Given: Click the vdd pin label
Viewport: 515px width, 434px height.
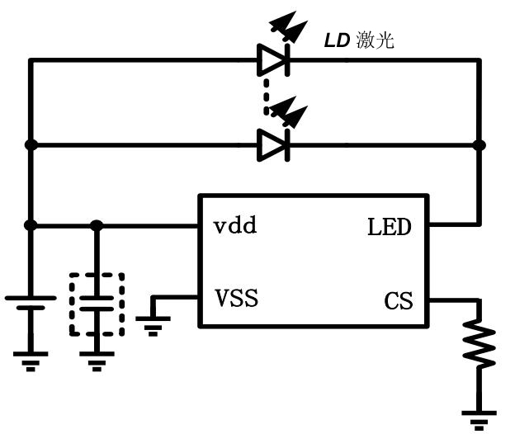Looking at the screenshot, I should point(235,225).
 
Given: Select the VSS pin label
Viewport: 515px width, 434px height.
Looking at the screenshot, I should point(236,297).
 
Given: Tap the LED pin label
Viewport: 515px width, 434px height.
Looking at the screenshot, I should point(389,227).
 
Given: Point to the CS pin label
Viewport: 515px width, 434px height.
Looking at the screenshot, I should point(398,301).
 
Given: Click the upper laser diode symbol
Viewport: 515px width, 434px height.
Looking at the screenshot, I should point(272,59).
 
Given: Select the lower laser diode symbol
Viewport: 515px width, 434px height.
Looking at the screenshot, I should point(272,145).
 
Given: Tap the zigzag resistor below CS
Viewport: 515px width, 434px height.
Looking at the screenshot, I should point(479,345).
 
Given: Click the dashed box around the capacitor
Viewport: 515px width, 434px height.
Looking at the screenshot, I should point(97,304).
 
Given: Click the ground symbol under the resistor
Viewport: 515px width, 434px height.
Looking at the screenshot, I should point(479,417).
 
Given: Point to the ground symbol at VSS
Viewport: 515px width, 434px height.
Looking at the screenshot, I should point(153,324).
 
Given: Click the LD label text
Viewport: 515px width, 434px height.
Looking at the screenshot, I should point(336,41).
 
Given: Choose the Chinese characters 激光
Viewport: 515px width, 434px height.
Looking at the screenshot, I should point(376,41).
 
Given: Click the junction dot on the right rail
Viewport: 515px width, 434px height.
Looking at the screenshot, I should point(479,145).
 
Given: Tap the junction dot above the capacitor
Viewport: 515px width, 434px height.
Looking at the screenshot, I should point(97,225).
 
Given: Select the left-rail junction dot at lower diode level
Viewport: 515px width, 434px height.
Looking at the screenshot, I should point(31,145).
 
